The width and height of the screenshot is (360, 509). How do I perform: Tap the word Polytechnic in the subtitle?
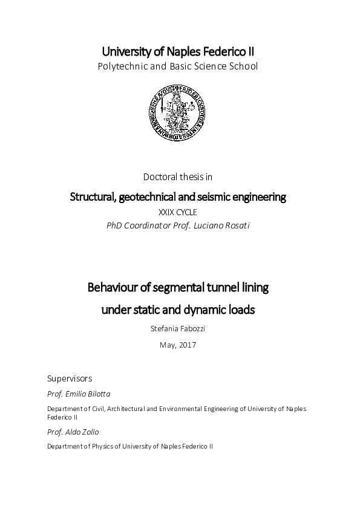pyautogui.click(x=122, y=66)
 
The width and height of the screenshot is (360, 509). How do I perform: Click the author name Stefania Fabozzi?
pyautogui.click(x=178, y=329)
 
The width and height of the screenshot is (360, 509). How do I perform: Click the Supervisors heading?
pyautogui.click(x=70, y=378)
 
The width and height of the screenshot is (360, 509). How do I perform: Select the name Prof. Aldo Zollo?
pyautogui.click(x=72, y=432)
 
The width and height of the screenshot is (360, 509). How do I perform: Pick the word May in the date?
pyautogui.click(x=167, y=345)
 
